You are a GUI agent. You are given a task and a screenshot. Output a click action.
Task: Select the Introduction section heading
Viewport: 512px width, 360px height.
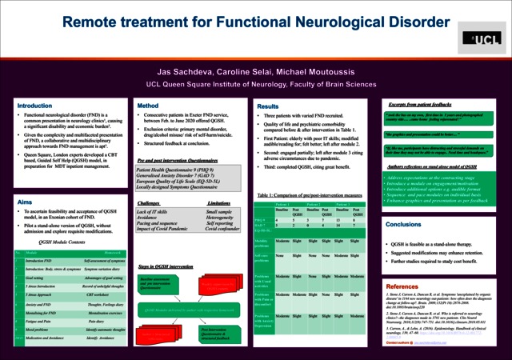click(x=35, y=106)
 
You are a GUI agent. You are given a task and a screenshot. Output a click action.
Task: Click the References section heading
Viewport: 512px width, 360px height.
click(x=402, y=286)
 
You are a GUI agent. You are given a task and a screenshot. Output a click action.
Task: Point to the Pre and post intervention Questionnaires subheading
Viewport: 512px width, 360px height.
click(x=178, y=160)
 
